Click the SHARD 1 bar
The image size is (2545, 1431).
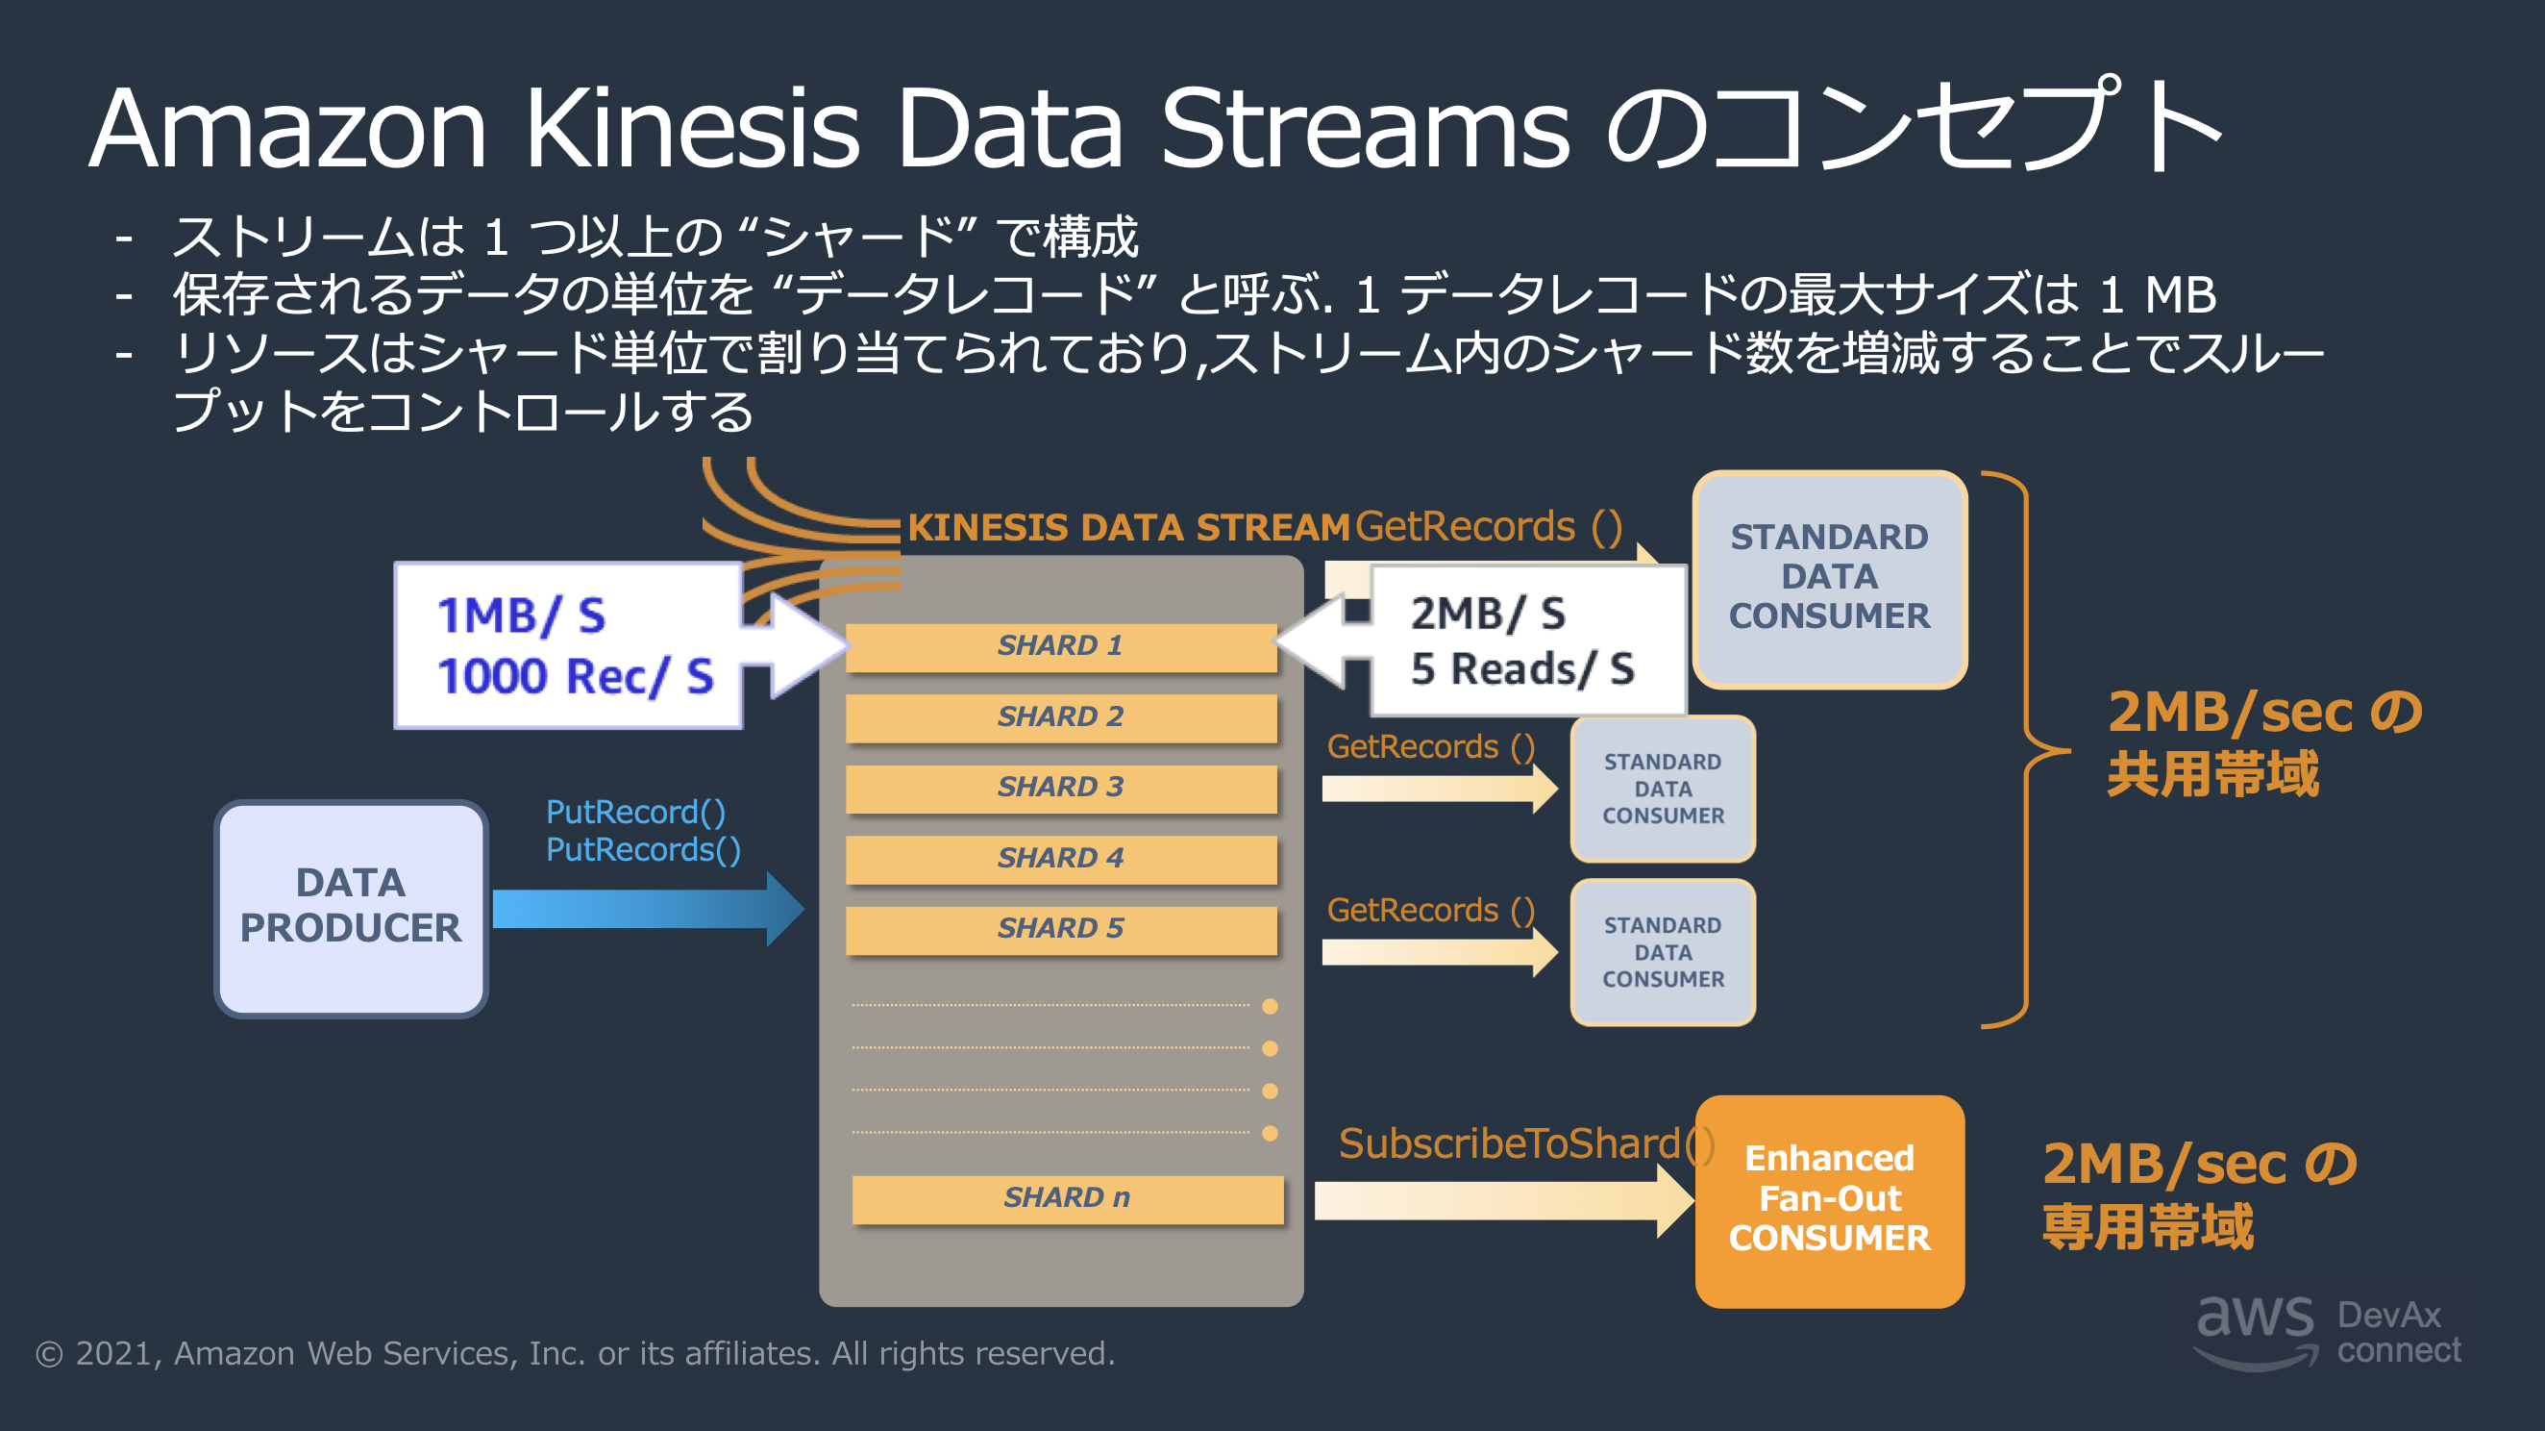pos(1060,646)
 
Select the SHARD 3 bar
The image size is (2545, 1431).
pos(1060,788)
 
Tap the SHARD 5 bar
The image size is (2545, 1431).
pos(1060,929)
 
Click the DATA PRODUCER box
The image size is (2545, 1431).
pos(351,907)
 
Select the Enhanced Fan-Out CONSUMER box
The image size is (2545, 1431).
pos(1829,1200)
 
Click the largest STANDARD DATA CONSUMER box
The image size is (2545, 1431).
pos(1829,578)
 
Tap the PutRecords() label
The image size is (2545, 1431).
pos(643,850)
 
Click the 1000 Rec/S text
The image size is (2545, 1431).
pos(574,677)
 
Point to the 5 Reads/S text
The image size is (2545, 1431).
pos(1522,670)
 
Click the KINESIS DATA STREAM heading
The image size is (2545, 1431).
pos(1127,528)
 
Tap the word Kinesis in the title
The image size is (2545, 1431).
pos(692,129)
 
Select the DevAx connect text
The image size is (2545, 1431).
pos(2398,1331)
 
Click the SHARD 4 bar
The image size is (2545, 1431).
pos(1060,858)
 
